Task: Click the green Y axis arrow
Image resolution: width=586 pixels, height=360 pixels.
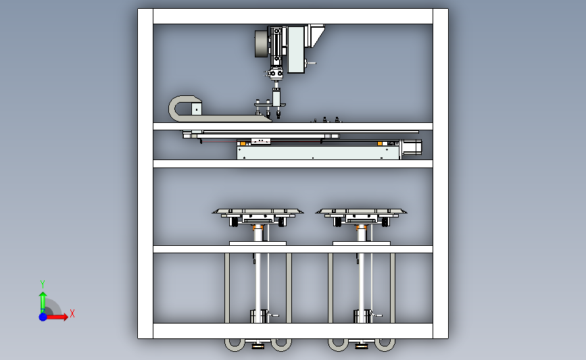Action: click(43, 302)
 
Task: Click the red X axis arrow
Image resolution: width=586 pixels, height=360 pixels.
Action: click(56, 317)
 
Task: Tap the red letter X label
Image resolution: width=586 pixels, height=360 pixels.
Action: click(72, 313)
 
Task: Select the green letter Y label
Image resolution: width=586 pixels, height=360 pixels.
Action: click(43, 284)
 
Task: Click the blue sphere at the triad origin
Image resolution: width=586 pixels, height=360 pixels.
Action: click(43, 317)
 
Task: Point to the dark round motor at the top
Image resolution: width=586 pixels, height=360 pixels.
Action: click(262, 44)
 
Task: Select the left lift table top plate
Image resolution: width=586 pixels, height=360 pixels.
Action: click(258, 211)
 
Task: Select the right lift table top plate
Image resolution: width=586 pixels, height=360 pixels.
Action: click(361, 211)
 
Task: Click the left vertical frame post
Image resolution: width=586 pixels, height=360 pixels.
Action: click(145, 174)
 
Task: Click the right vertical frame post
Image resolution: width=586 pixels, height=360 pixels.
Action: click(441, 174)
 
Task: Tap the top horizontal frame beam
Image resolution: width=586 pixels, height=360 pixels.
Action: click(293, 16)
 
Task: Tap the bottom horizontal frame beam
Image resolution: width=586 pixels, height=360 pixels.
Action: click(293, 331)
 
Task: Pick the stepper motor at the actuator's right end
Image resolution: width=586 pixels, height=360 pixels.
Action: click(411, 147)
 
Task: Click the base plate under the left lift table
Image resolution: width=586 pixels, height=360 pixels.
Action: click(258, 243)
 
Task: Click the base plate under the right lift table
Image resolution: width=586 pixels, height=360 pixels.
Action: click(362, 243)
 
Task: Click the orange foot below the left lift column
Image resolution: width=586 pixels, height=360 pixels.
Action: click(258, 347)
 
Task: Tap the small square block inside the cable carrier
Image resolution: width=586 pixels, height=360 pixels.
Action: click(197, 109)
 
